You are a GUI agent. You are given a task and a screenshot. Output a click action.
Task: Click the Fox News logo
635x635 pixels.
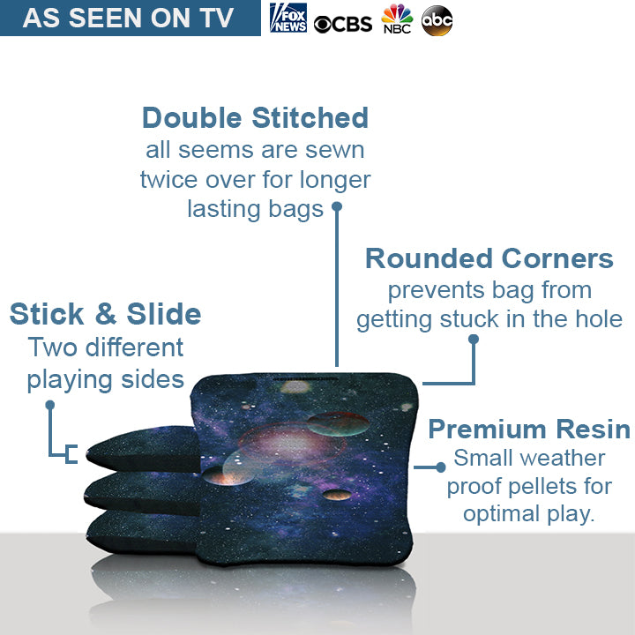(288, 18)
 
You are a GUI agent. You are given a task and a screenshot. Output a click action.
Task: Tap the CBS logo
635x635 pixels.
(344, 24)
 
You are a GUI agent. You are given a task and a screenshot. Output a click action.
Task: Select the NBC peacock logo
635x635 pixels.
(397, 19)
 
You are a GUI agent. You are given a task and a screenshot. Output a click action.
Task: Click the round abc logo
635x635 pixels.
(437, 20)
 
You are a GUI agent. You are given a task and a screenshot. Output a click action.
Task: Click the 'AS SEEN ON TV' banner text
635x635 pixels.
(129, 18)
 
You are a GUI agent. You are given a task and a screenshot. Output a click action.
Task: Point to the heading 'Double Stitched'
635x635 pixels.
(255, 117)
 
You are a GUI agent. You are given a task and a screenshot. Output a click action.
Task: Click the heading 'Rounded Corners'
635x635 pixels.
(489, 258)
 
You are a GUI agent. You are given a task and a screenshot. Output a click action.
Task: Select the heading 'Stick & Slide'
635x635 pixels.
(105, 313)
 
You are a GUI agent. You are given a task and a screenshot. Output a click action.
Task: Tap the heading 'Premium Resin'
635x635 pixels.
(528, 430)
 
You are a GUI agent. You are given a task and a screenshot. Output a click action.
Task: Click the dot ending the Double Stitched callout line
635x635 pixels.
(336, 207)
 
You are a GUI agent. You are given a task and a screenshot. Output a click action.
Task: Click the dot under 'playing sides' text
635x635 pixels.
(50, 405)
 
